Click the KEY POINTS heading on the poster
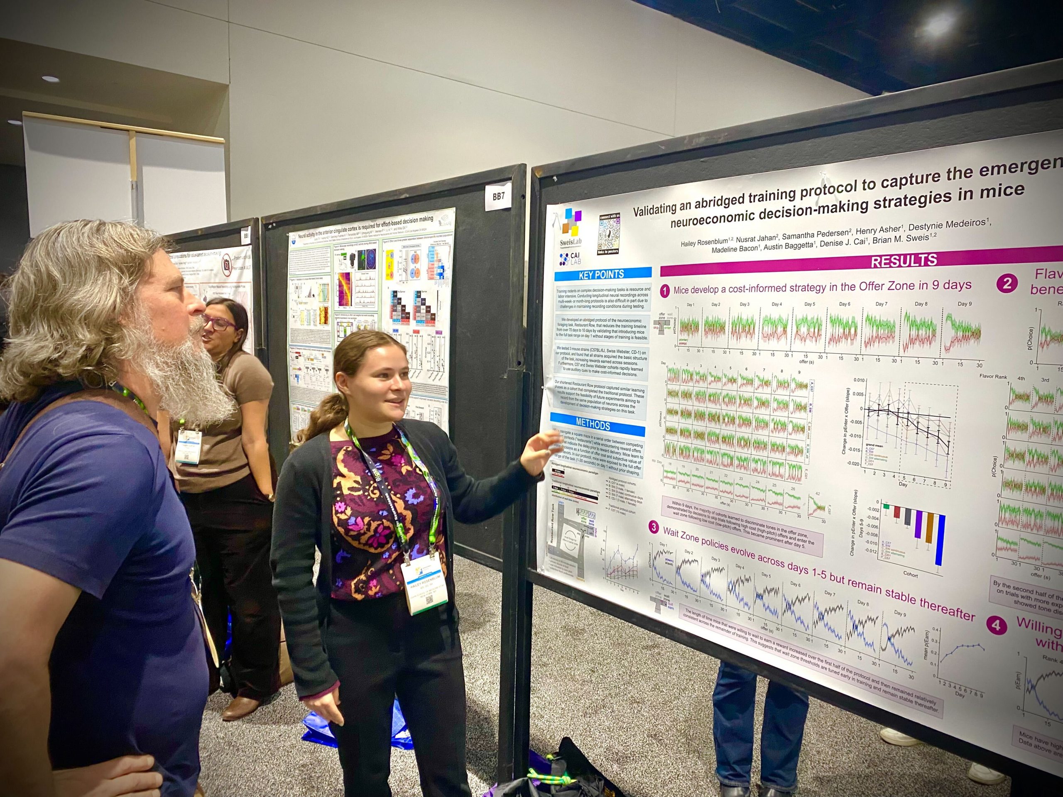pyautogui.click(x=602, y=274)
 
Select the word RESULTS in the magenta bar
pyautogui.click(x=904, y=260)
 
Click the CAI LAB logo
pyautogui.click(x=571, y=259)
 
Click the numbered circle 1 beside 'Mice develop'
pyautogui.click(x=665, y=291)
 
